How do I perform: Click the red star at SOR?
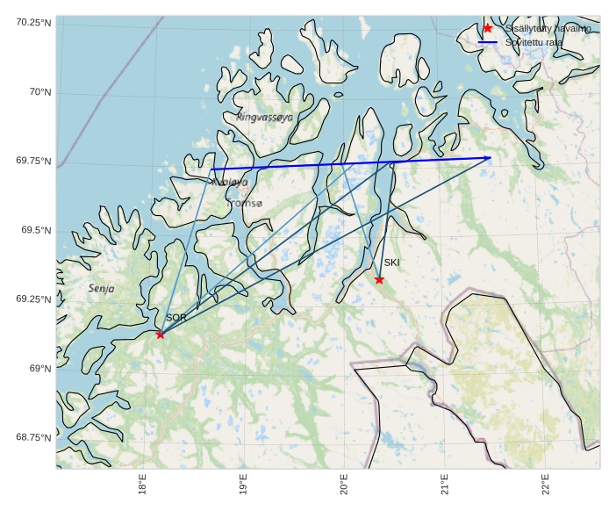[x=160, y=335]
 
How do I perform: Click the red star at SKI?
[x=379, y=280]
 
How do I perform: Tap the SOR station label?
[x=175, y=318]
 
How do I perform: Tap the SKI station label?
[x=391, y=263]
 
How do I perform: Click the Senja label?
[x=101, y=288]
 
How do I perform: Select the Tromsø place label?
[x=245, y=204]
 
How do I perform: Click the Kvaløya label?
[x=230, y=183]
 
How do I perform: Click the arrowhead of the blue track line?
[x=489, y=158]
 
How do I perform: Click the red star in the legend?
[x=488, y=28]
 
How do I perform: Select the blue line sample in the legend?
[x=488, y=42]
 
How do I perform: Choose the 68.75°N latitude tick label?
[x=33, y=437]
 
